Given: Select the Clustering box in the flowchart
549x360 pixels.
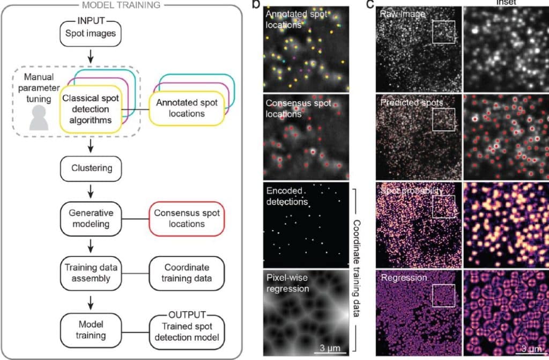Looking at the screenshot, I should tap(92, 168).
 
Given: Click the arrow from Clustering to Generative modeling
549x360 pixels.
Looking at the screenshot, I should tap(92, 190).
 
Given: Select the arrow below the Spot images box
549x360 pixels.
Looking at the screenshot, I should tap(92, 55).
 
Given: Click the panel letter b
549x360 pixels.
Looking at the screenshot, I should tap(256, 4).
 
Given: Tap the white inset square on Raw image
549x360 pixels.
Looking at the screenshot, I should tap(443, 31).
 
